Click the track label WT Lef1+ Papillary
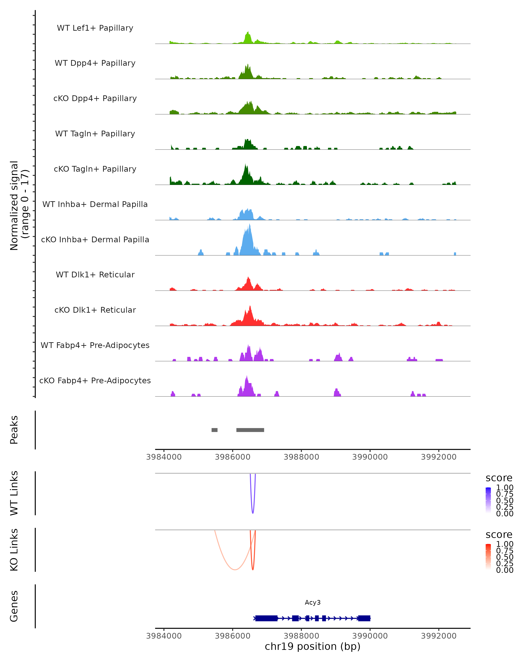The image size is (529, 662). [x=95, y=28]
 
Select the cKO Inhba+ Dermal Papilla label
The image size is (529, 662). [x=95, y=239]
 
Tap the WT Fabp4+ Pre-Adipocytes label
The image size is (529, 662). [x=95, y=345]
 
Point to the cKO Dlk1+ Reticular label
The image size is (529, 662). [x=95, y=310]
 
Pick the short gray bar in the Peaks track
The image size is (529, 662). [x=214, y=430]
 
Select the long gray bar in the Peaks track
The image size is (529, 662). [x=250, y=430]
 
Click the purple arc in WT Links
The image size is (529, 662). [x=253, y=510]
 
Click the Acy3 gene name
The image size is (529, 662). [x=313, y=602]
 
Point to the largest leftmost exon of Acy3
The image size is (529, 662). [x=266, y=618]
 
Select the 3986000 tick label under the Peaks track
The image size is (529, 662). [x=233, y=457]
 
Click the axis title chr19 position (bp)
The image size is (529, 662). [x=313, y=646]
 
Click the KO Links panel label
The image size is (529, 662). [x=14, y=550]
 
